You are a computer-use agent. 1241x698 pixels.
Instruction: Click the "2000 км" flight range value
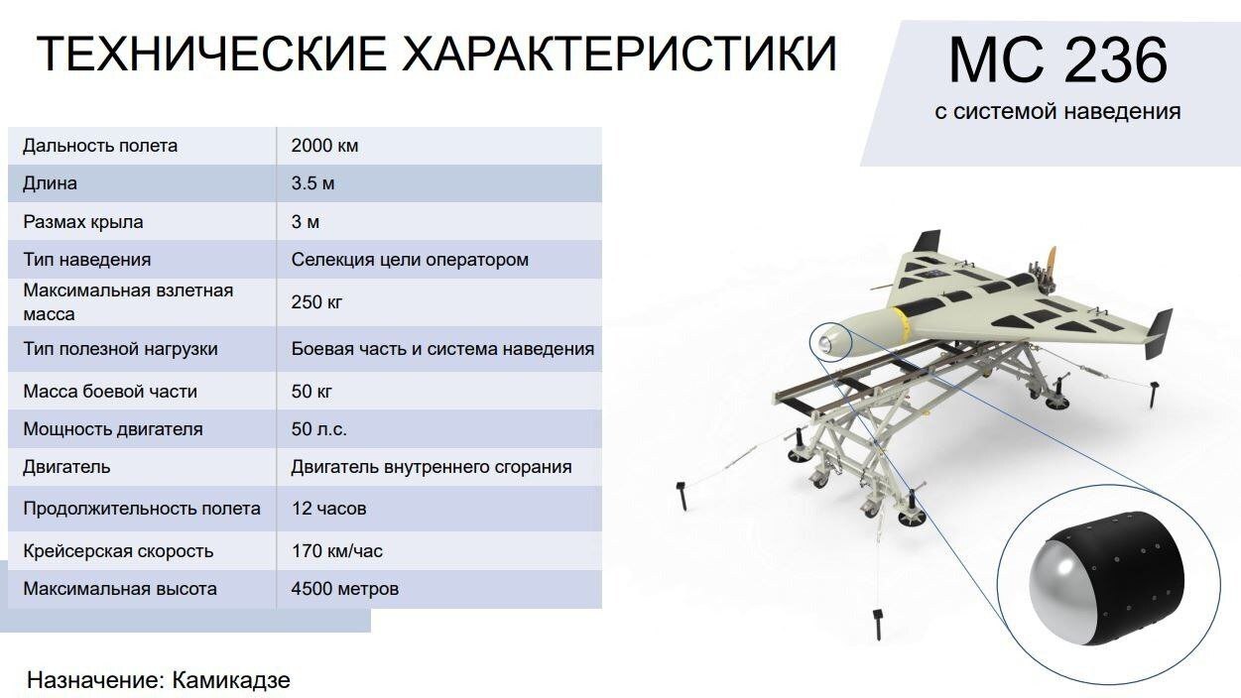[324, 146]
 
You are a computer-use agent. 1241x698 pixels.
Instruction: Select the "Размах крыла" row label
[83, 222]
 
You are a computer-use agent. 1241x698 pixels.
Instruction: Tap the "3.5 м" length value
[312, 183]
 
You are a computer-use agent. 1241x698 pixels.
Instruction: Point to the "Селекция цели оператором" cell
[410, 260]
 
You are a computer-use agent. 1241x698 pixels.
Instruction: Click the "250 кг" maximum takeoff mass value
[316, 301]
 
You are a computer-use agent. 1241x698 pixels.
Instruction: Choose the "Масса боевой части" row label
[110, 392]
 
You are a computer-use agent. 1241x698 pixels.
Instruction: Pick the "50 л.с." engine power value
[318, 429]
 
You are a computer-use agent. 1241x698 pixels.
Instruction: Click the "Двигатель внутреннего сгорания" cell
[432, 467]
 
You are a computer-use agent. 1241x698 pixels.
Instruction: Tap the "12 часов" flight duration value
[328, 509]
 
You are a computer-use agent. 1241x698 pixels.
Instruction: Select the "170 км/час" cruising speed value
[336, 551]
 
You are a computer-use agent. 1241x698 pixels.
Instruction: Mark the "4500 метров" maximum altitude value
[345, 589]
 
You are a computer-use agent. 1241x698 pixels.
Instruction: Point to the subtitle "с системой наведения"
[1057, 111]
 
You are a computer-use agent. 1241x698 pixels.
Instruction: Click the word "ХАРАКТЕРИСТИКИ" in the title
[619, 54]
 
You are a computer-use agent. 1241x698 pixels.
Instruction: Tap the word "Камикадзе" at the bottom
[231, 680]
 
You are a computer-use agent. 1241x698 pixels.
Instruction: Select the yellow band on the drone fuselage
[902, 321]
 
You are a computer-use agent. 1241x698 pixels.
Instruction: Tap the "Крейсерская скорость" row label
[118, 551]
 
